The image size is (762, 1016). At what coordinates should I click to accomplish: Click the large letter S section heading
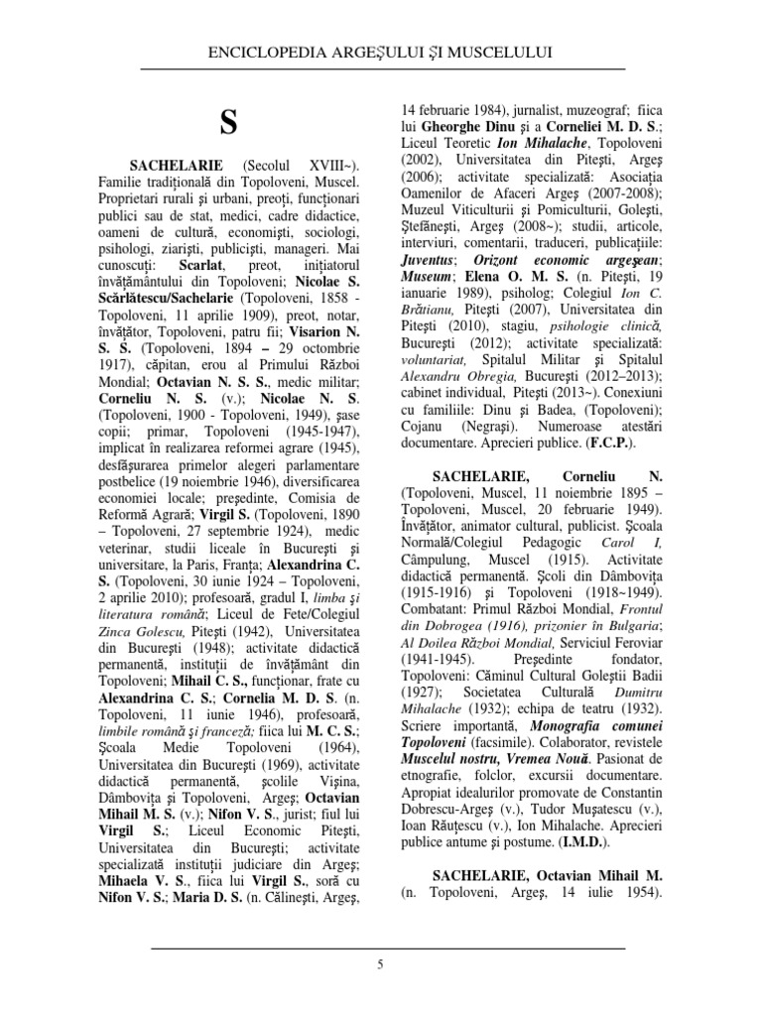pyautogui.click(x=228, y=123)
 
